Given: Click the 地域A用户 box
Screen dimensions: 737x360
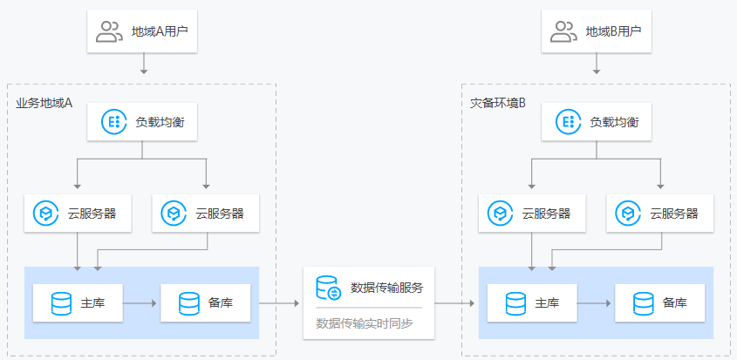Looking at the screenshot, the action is point(142,32).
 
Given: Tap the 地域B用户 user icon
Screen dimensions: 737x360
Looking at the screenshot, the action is point(563,32).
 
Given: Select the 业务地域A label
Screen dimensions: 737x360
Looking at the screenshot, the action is point(44,104).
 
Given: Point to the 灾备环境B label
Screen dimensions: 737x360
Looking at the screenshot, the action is point(498,104).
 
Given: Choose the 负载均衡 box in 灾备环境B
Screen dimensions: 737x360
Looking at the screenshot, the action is point(596,123).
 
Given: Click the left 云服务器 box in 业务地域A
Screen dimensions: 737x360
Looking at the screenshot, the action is point(78,214).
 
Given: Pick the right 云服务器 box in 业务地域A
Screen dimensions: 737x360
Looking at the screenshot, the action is point(206,214).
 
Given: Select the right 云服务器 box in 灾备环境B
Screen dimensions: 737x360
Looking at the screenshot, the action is point(660,214).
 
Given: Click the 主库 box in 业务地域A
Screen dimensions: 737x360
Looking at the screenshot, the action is point(78,303).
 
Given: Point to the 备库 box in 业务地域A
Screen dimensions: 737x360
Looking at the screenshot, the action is point(206,303).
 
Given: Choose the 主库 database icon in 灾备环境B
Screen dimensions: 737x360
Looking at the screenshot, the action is point(515,303).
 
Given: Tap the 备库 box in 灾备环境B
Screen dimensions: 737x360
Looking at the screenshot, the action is point(660,303).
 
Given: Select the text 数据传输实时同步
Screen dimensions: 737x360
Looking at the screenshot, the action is point(365,323).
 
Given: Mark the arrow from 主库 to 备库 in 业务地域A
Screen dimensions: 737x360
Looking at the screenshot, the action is point(140,303).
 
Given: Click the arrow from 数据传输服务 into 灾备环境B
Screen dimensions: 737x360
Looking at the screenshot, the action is point(454,303).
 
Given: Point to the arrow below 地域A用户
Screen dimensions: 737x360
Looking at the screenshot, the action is point(144,63).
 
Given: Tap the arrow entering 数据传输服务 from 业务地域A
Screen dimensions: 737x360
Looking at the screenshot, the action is point(279,303).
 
